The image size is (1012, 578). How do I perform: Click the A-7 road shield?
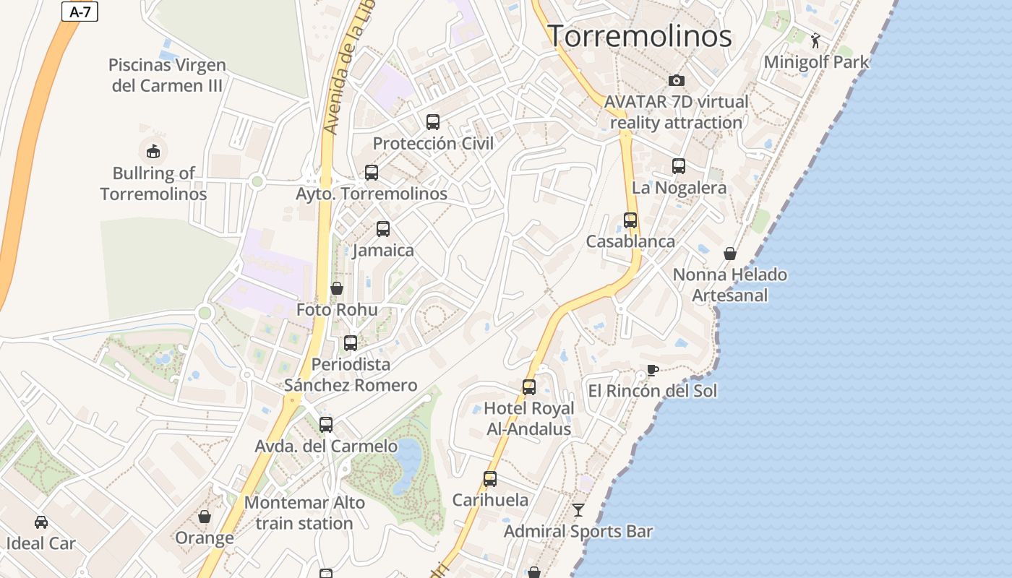(80, 12)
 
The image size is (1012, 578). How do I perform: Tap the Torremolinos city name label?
(640, 36)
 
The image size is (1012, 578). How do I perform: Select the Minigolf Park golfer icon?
(816, 40)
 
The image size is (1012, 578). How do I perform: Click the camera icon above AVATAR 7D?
(676, 80)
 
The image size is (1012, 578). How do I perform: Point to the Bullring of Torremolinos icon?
(153, 151)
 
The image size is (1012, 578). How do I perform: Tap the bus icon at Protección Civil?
(433, 121)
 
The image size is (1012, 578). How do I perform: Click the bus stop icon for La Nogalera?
(679, 166)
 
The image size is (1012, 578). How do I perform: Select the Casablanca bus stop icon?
(630, 220)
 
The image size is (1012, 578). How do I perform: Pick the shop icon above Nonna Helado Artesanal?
(730, 254)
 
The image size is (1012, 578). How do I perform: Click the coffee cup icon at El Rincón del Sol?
(652, 371)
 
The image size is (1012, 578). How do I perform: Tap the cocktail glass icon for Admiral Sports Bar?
(578, 510)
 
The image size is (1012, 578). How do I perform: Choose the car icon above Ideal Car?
(41, 522)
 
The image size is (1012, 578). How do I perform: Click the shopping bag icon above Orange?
(205, 517)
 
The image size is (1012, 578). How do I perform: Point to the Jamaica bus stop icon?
(383, 229)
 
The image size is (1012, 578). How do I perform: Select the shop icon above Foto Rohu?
(337, 288)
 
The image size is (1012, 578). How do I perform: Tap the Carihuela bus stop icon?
(490, 478)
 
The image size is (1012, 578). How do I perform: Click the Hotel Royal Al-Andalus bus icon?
(529, 387)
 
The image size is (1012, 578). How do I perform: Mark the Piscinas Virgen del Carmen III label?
(167, 75)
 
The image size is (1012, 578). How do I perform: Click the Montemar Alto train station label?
(304, 512)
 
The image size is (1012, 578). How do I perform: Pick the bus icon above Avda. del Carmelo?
(326, 425)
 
